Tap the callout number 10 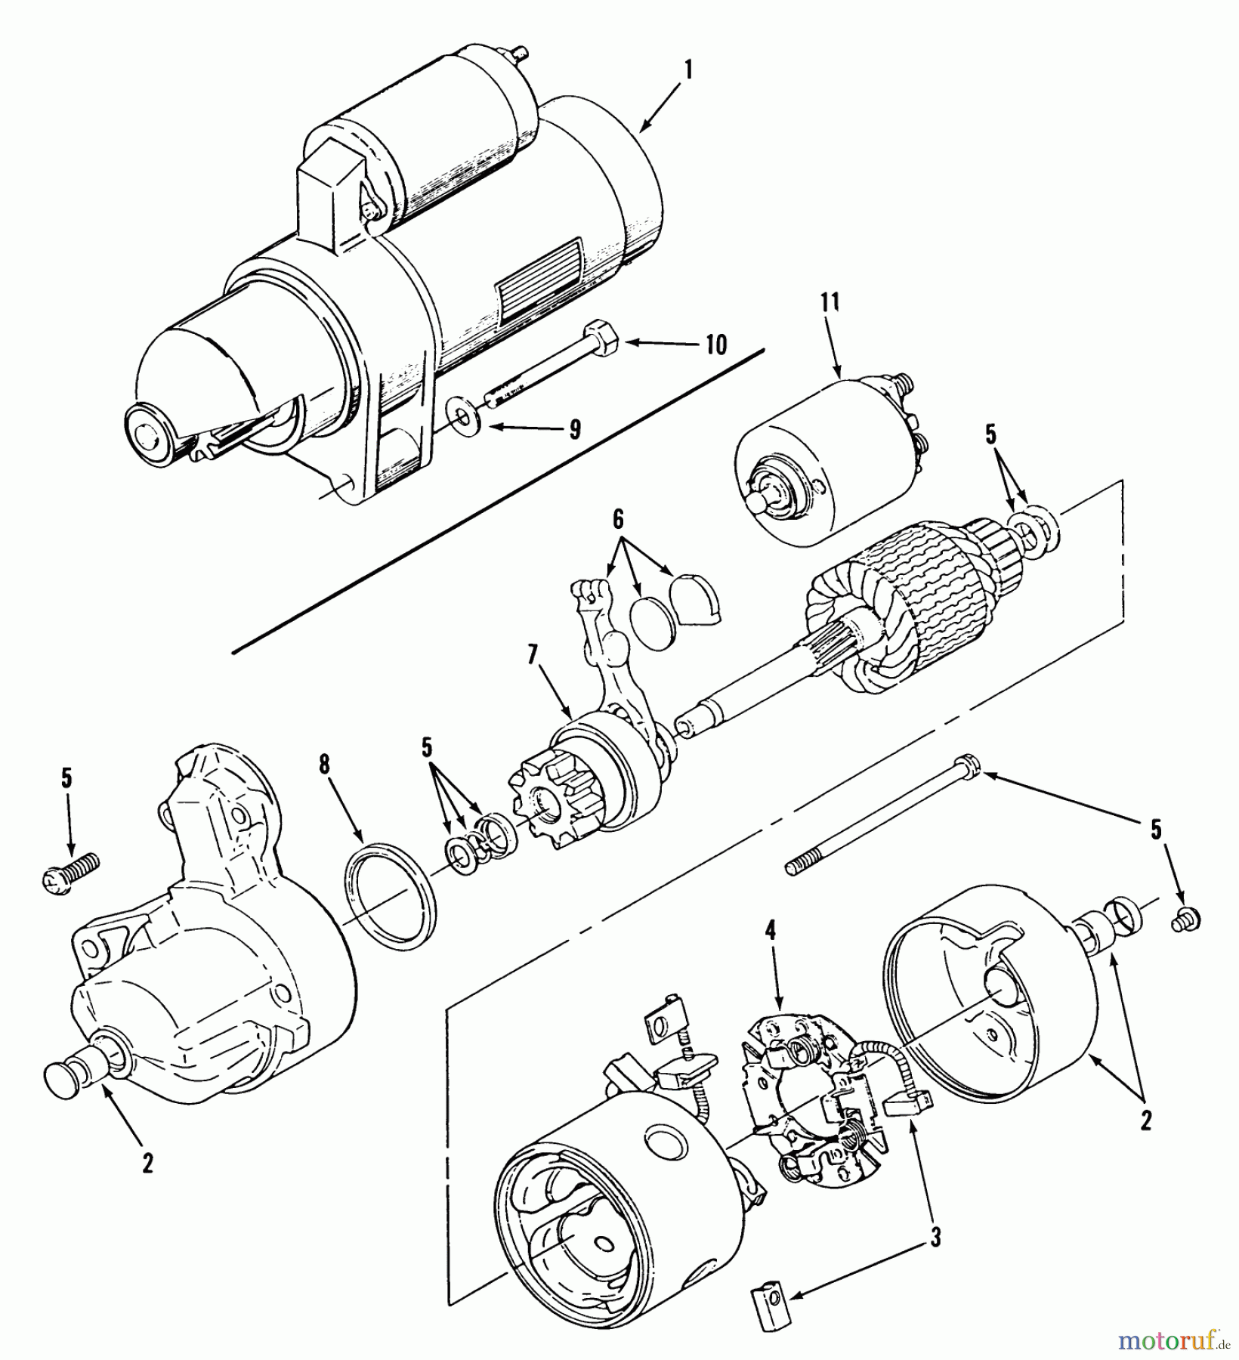tap(715, 345)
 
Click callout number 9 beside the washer tap(575, 430)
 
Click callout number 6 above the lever tap(617, 519)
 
